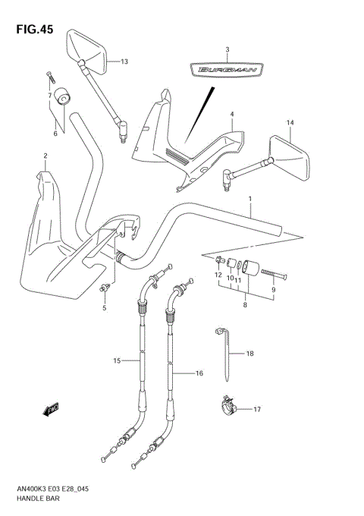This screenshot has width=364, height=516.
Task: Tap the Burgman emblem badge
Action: [x=227, y=71]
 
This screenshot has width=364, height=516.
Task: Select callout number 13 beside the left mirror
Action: [x=124, y=61]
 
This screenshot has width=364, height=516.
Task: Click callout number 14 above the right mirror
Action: [x=289, y=122]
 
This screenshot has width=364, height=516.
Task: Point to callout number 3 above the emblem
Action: [x=227, y=49]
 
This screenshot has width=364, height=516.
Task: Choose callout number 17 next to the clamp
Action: [x=256, y=410]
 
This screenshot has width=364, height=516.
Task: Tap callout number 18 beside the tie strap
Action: [x=251, y=354]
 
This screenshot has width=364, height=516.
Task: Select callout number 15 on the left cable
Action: [x=117, y=361]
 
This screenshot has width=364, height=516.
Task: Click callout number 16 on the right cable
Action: [x=200, y=373]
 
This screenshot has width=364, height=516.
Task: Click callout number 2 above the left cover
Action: [x=45, y=156]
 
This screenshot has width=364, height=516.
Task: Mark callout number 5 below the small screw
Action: [x=105, y=308]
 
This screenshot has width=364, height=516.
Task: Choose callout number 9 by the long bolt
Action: [x=274, y=288]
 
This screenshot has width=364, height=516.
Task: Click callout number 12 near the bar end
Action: [x=218, y=274]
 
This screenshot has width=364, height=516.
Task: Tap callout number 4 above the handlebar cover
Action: [x=232, y=114]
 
